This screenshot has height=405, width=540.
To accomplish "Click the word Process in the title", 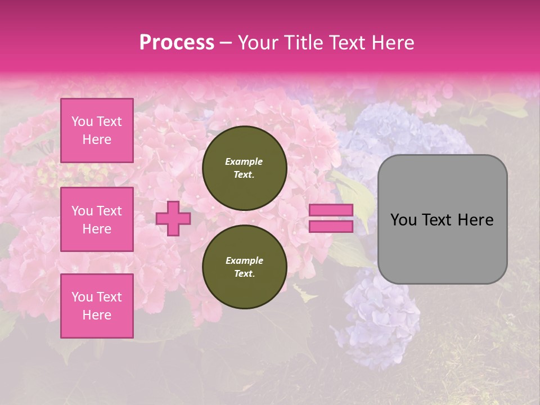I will pyautogui.click(x=177, y=43).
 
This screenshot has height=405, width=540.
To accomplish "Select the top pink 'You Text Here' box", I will pyautogui.click(x=97, y=130).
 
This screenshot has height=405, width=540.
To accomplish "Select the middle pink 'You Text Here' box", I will pyautogui.click(x=97, y=219).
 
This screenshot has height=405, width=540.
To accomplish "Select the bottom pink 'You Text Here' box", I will pyautogui.click(x=97, y=306).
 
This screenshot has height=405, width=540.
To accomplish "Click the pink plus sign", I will pyautogui.click(x=173, y=218).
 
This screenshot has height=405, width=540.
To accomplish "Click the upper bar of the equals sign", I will pyautogui.click(x=331, y=210).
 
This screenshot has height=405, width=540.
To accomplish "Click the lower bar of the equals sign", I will pyautogui.click(x=331, y=226).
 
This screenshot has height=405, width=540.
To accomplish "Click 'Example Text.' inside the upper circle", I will pyautogui.click(x=244, y=168).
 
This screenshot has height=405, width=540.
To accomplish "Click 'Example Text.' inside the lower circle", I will pyautogui.click(x=244, y=267).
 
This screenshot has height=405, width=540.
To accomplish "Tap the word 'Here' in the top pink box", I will pyautogui.click(x=97, y=139).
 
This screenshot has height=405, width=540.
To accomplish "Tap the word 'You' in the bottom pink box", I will pyautogui.click(x=83, y=297).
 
